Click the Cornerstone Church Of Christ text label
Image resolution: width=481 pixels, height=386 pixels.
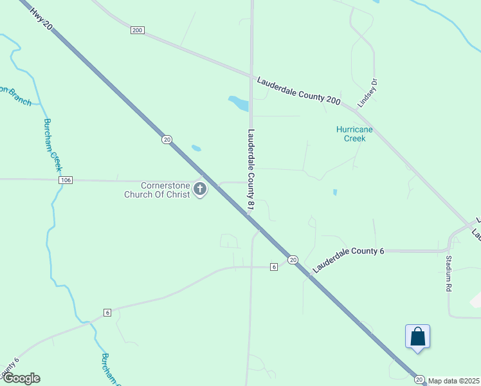tap(157, 188)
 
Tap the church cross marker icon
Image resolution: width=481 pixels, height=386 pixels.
tap(200, 189)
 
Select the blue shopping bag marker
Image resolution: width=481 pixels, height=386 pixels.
tap(417, 336)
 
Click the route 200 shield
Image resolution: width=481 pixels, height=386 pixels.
tap(137, 30)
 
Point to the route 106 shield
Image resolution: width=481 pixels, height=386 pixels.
tap(65, 181)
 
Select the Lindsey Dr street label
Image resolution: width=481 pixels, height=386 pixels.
tap(367, 93)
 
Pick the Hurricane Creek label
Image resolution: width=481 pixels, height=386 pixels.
tap(350, 134)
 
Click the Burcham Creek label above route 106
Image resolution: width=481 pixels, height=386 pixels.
tap(53, 145)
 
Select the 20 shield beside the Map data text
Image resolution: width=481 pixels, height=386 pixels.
tap(419, 380)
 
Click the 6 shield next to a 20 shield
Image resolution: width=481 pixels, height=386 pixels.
tap(273, 266)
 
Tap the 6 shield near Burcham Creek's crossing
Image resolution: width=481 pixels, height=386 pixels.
tap(107, 313)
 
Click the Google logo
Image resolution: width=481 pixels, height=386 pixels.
tap(21, 378)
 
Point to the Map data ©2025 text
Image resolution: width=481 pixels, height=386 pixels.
tap(454, 381)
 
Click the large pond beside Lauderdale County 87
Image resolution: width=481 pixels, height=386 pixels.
tap(239, 102)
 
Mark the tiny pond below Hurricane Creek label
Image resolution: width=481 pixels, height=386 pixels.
tap(334, 192)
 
